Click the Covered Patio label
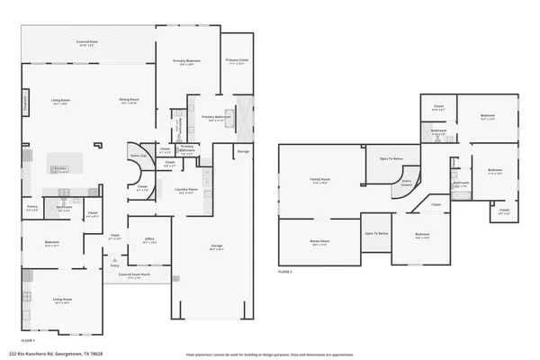pyautogui.click(x=87, y=43)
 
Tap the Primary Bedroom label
pyautogui.click(x=186, y=62)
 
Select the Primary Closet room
pyautogui.click(x=237, y=64)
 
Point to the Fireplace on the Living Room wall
pyautogui.click(x=25, y=104)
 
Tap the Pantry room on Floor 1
pyautogui.click(x=31, y=211)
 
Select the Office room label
pyautogui.click(x=150, y=241)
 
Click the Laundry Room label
pyautogui.click(x=185, y=191)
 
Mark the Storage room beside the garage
pyautogui.click(x=243, y=152)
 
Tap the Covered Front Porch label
pyautogui.click(x=135, y=277)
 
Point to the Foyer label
pyautogui.click(x=115, y=237)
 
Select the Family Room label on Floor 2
pyautogui.click(x=319, y=182)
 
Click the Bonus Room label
pyautogui.click(x=319, y=243)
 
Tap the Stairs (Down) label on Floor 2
pyautogui.click(x=406, y=182)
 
